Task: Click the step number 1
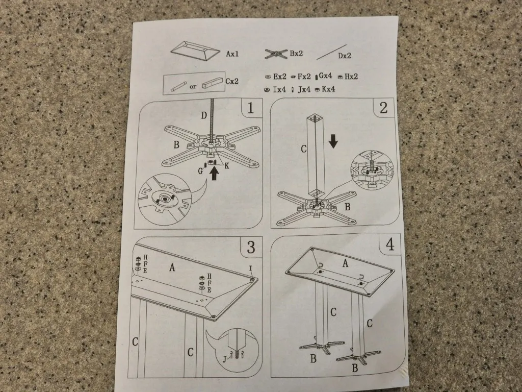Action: tap(250, 108)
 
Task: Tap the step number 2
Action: tap(383, 107)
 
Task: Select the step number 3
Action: tap(251, 247)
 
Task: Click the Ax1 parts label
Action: tap(232, 54)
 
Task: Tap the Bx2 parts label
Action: tap(296, 53)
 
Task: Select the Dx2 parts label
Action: tap(345, 56)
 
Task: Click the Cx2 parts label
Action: tap(232, 81)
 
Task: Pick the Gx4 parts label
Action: tap(325, 76)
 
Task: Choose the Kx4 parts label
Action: tap(328, 89)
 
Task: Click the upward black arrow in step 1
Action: tap(215, 173)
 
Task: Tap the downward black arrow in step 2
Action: tap(333, 141)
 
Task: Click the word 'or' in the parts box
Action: tap(193, 87)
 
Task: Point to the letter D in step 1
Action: tap(204, 116)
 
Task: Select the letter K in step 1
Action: tap(227, 165)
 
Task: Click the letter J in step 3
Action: tap(224, 359)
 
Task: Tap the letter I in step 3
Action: tap(250, 268)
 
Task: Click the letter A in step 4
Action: tap(345, 264)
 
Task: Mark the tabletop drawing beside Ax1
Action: tap(195, 51)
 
